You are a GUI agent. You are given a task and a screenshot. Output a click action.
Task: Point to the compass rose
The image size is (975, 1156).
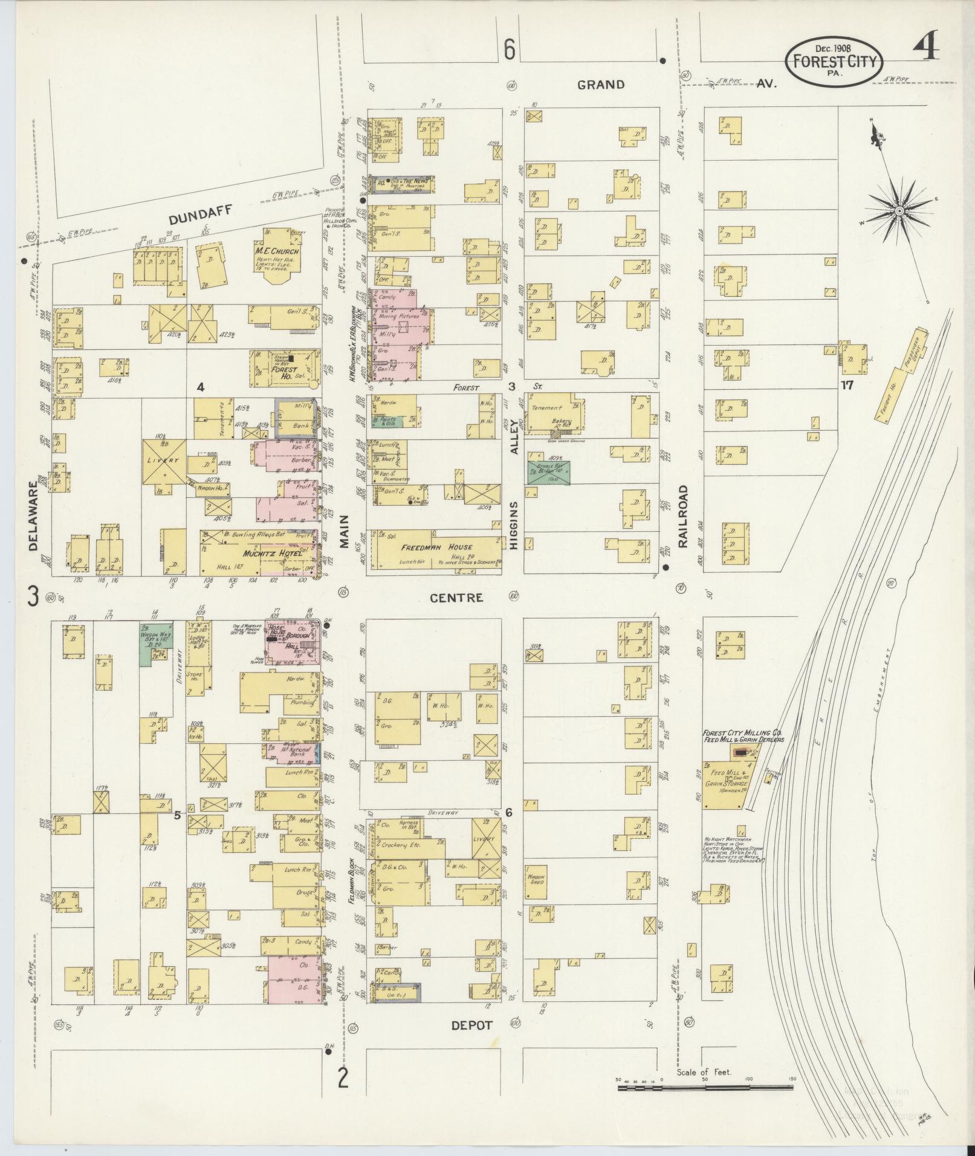pyautogui.click(x=899, y=211)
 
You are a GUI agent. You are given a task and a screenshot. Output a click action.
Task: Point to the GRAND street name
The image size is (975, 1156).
pyautogui.click(x=600, y=85)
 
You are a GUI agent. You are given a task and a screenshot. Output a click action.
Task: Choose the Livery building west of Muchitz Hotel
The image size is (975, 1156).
pyautogui.click(x=164, y=462)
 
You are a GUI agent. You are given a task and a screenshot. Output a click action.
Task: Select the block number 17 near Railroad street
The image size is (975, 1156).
pyautogui.click(x=847, y=384)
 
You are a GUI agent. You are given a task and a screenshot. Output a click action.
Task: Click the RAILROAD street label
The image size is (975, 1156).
pyautogui.click(x=683, y=515)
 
